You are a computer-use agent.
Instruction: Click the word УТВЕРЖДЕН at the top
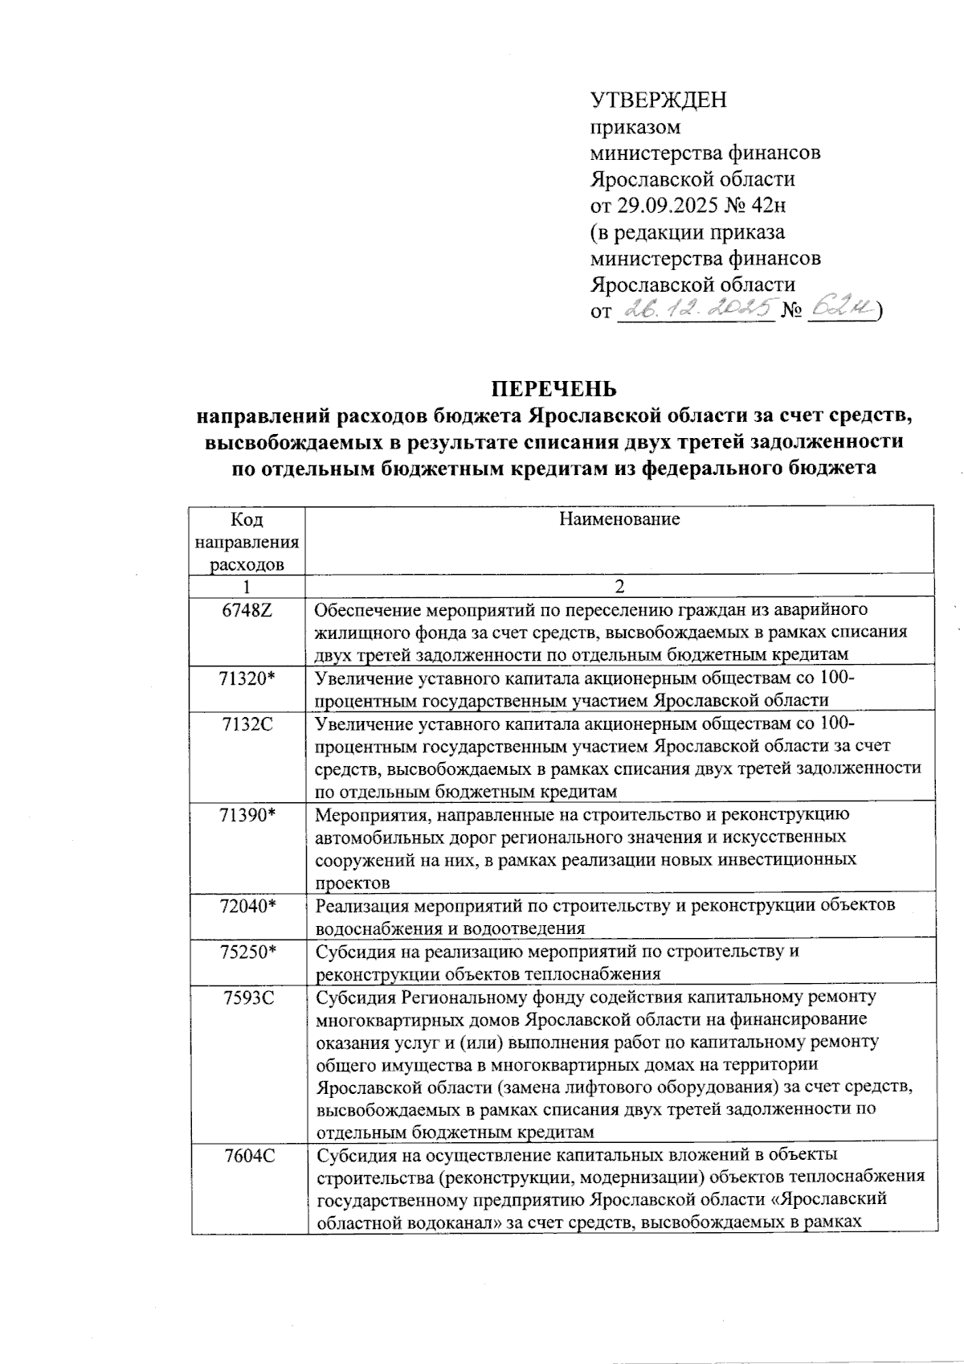pos(658,100)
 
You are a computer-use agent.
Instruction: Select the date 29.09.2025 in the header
pos(665,205)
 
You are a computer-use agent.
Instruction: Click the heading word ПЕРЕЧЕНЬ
pos(554,389)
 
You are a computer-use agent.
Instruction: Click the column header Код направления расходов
pos(247,542)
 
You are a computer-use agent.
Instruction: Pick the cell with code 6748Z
pos(247,609)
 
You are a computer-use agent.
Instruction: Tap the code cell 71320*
pos(247,678)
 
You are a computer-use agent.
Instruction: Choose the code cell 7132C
pos(247,724)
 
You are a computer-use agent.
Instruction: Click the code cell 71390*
pos(247,815)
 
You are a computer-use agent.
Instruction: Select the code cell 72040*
pos(247,906)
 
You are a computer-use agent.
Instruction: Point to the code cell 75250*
pos(247,952)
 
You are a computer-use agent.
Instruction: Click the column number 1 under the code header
pos(247,586)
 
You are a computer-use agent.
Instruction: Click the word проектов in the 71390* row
pos(353,883)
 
